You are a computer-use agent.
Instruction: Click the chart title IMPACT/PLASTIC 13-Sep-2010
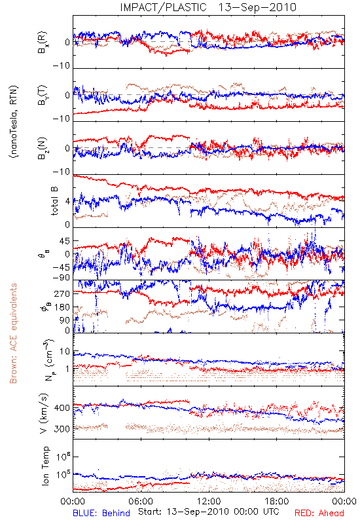pos(208,7)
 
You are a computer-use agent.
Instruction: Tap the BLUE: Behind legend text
pos(101,513)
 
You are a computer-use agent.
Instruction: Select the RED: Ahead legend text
pos(319,513)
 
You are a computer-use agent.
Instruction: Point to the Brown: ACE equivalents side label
pos(13,333)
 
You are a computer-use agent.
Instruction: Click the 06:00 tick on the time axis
pos(141,501)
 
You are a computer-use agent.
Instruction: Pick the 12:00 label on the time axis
pos(209,501)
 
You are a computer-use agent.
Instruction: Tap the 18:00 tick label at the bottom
pos(277,501)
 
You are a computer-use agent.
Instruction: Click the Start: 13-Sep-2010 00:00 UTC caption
pos(209,512)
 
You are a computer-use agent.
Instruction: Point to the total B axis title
pos(54,201)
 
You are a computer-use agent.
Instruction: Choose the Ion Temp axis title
pos(45,466)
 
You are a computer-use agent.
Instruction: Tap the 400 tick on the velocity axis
pos(62,407)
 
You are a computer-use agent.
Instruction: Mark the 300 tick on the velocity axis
pos(62,429)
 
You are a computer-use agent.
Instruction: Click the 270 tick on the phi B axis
pos(62,293)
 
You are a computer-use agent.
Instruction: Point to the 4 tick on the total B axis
pos(68,201)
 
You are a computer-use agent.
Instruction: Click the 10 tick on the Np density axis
pos(65,352)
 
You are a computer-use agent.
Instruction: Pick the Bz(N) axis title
pos(43,148)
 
